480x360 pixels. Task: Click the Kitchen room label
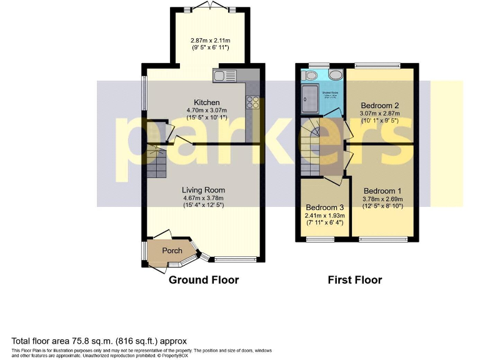pyautogui.click(x=206, y=102)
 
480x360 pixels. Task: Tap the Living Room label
pyautogui.click(x=203, y=190)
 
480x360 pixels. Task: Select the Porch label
pyautogui.click(x=172, y=251)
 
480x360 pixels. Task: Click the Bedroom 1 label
pyautogui.click(x=382, y=191)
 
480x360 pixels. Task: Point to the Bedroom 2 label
pyautogui.click(x=379, y=105)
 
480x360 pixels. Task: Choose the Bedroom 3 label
pyautogui.click(x=324, y=207)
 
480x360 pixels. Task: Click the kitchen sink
pyautogui.click(x=225, y=76)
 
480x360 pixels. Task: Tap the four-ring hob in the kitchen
pyautogui.click(x=253, y=102)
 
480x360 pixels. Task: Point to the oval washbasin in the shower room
pyautogui.click(x=336, y=75)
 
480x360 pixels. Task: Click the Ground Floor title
pyautogui.click(x=203, y=280)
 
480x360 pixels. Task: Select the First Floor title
pyautogui.click(x=354, y=280)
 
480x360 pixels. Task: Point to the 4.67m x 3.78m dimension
pyautogui.click(x=203, y=198)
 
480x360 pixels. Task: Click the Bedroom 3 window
pyautogui.click(x=324, y=239)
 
